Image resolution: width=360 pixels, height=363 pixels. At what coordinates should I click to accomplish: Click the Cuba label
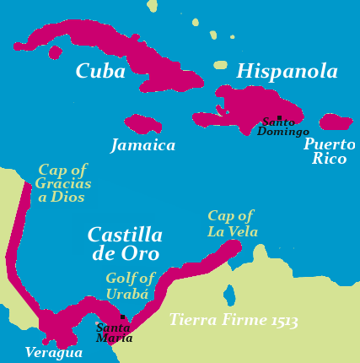point(100,72)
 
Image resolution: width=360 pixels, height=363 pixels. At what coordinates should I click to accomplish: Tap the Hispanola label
point(287,72)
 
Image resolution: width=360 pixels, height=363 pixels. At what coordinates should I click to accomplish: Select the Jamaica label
point(143,145)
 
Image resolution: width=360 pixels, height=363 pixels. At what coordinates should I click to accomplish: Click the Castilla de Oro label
point(125,243)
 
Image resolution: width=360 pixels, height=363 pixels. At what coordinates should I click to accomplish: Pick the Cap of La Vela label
point(232,224)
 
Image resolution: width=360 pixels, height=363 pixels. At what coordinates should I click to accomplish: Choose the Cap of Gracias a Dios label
point(63,183)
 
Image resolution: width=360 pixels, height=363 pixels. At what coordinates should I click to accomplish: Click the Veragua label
point(53,352)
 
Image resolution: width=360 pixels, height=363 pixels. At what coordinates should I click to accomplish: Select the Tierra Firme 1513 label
point(233,321)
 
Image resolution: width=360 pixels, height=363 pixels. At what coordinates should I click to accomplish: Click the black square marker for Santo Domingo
point(279,118)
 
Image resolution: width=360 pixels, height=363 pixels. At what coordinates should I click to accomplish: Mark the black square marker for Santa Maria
point(123,317)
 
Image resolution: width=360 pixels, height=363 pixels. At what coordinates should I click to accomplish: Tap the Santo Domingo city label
point(282,127)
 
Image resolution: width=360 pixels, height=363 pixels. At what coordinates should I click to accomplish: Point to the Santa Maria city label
point(115,333)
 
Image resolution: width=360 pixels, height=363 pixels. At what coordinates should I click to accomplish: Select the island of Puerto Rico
point(336,122)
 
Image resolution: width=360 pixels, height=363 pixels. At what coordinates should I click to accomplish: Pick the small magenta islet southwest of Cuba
point(56,52)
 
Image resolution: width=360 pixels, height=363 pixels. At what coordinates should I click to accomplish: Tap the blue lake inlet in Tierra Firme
point(229,295)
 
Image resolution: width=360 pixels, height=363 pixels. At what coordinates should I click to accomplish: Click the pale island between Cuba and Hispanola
point(221,64)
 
